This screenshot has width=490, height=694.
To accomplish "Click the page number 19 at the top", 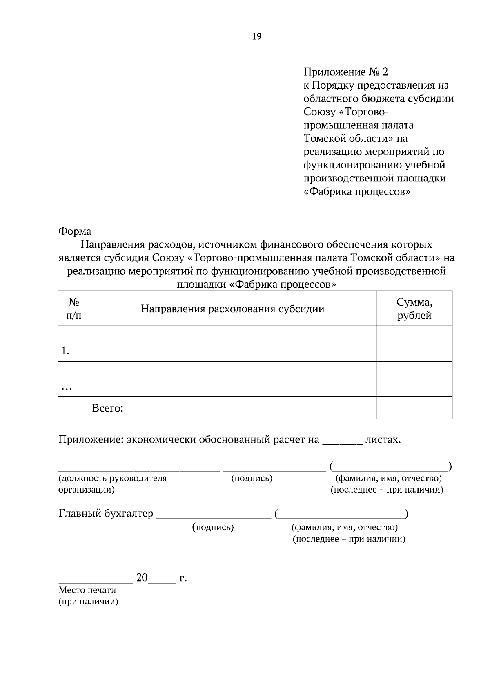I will [256, 37].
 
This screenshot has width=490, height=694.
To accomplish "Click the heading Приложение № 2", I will [345, 72].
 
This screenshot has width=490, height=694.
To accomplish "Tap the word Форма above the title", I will [75, 231].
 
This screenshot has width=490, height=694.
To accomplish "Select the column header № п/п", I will [73, 309].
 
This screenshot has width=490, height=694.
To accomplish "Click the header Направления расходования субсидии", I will [232, 309].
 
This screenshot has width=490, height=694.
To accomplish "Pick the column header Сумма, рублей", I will [414, 309].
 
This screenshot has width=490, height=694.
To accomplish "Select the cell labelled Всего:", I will [108, 408].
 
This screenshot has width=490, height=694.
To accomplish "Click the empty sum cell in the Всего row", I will [414, 408].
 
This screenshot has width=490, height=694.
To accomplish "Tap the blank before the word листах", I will [342, 443].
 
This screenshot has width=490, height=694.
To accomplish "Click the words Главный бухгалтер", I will [106, 513].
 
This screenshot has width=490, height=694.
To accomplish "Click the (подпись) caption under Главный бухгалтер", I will [213, 527].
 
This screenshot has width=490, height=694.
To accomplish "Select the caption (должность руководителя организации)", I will [112, 484].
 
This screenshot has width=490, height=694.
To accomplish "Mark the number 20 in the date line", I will [142, 578].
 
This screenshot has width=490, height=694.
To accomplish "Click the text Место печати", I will [87, 590].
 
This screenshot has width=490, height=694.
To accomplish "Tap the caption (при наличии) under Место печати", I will [88, 602].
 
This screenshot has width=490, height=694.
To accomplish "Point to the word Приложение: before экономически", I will [91, 440].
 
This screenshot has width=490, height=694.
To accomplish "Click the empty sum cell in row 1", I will [414, 344].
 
